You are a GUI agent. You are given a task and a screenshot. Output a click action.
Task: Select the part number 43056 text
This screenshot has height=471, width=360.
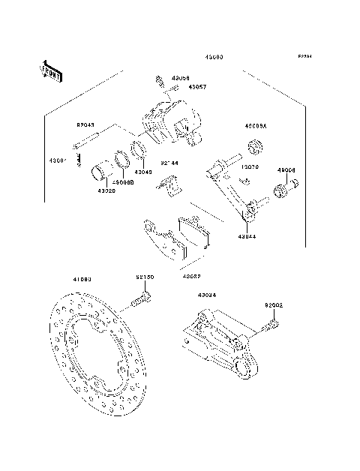[181, 77]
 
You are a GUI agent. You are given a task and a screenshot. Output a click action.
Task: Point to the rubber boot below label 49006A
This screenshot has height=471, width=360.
[252, 144]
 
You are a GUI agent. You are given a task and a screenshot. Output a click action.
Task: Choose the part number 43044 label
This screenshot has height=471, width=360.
[248, 236]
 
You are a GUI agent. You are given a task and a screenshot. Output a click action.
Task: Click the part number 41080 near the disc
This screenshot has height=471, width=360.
[82, 279]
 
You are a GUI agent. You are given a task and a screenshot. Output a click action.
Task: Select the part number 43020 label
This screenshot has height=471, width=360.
[106, 190]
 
